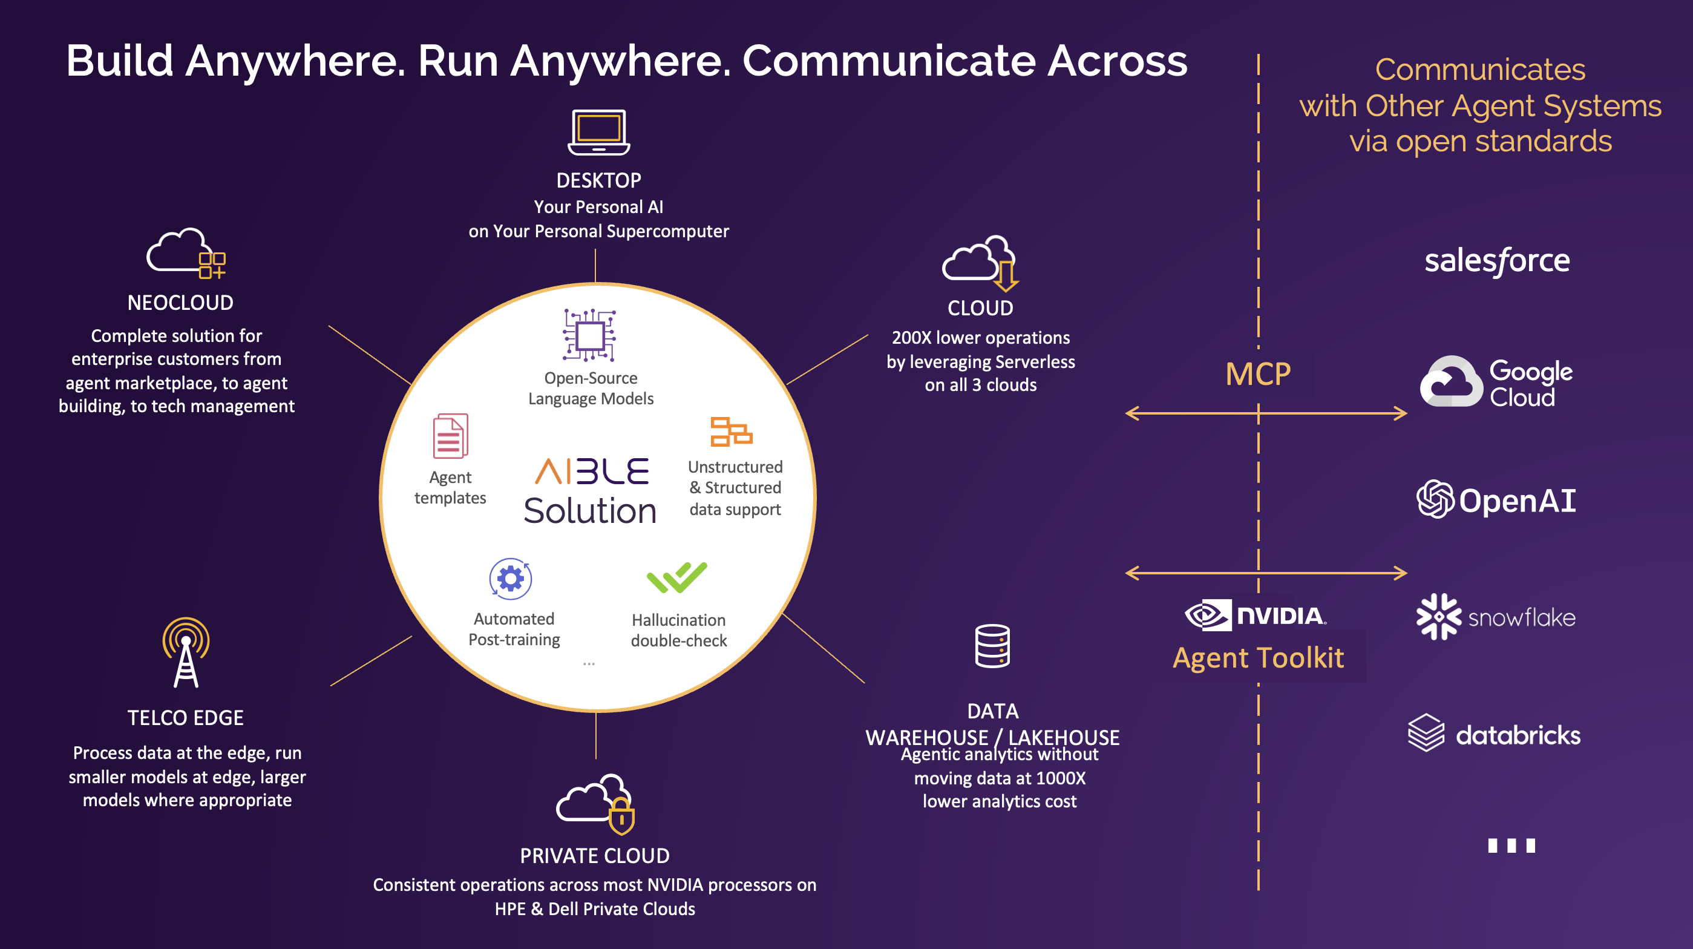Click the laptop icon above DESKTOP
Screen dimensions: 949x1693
tap(599, 132)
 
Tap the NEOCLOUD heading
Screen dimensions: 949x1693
tap(180, 303)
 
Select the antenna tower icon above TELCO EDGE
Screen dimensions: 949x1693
tap(186, 652)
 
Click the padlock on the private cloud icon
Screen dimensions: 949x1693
tap(621, 818)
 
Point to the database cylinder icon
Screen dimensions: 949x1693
tap(992, 646)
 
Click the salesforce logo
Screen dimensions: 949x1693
tap(1496, 261)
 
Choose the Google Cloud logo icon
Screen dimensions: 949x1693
tap(1451, 382)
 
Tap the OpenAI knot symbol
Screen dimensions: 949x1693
tap(1435, 499)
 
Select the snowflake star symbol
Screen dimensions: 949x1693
tap(1438, 617)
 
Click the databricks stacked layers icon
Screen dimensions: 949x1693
tap(1426, 733)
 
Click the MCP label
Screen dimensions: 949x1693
tap(1258, 375)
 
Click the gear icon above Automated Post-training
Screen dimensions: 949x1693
tap(511, 579)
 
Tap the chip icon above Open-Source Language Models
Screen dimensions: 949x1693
tap(589, 335)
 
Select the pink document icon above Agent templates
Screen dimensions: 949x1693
tap(450, 436)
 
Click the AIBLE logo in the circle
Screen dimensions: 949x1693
tap(592, 471)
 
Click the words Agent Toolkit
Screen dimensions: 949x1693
tap(1258, 658)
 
